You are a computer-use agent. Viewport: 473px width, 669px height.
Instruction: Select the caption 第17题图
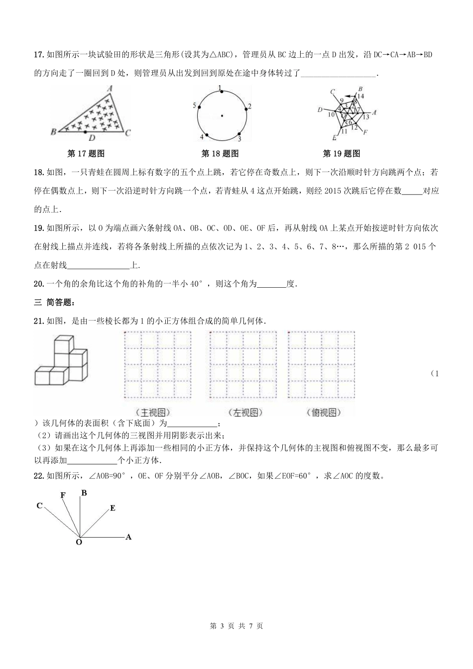86,154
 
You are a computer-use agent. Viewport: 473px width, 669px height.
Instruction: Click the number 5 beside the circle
194,106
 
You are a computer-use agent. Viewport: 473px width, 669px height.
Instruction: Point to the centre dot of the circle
222,116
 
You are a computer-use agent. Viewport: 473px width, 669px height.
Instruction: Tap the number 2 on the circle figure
249,106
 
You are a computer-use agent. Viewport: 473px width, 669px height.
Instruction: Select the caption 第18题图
220,154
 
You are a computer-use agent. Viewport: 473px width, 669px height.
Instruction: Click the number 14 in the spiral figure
360,96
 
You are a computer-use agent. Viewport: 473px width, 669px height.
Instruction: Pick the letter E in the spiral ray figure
334,138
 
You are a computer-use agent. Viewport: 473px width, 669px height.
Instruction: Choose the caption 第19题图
342,154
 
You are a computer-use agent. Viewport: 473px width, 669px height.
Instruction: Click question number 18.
39,173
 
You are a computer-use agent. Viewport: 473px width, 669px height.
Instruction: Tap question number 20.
39,284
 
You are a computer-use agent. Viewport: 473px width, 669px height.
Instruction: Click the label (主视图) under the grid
152,412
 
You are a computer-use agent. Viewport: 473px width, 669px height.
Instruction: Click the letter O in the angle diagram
79,542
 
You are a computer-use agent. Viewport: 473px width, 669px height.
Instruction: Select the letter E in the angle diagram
113,508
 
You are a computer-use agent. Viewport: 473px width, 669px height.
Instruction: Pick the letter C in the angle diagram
39,506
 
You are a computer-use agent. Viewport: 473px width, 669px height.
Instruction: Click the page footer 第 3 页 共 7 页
236,626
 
